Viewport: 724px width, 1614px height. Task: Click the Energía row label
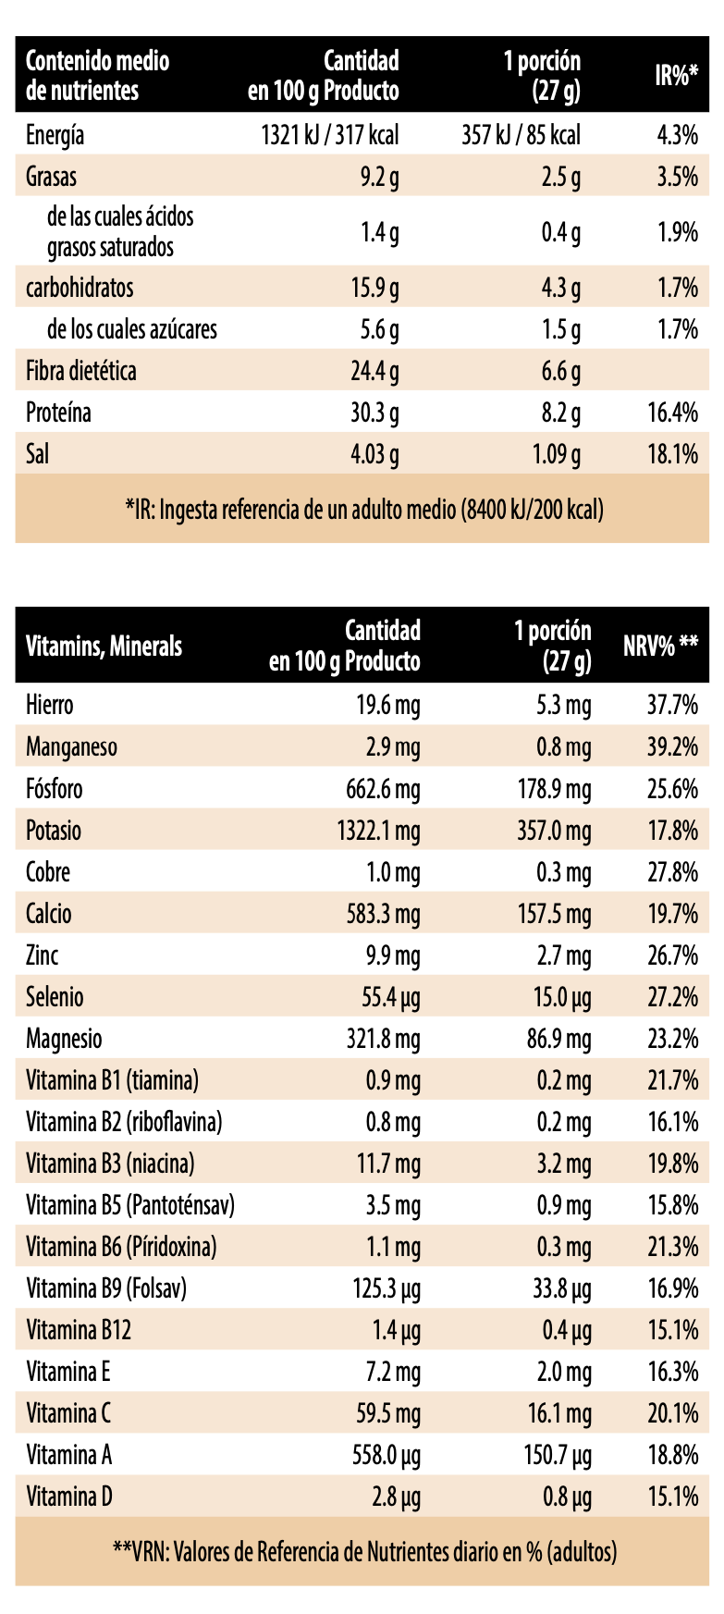click(x=55, y=135)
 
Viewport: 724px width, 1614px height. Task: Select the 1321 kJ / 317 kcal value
click(x=330, y=135)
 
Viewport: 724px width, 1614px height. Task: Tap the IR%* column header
click(x=675, y=76)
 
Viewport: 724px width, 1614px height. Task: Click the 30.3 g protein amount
click(x=374, y=413)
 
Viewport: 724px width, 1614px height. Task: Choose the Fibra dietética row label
click(x=80, y=371)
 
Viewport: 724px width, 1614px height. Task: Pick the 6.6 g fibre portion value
click(x=560, y=371)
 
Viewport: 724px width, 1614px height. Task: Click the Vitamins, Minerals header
click(x=104, y=646)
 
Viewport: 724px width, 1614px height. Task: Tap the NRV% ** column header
click(x=660, y=646)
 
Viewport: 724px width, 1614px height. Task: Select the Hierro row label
click(x=49, y=705)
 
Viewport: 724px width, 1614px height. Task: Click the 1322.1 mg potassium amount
click(x=378, y=831)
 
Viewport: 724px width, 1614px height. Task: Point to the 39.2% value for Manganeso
click(x=672, y=746)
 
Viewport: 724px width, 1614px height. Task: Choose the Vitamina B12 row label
click(x=79, y=1330)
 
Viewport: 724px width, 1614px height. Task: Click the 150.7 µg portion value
click(x=557, y=1455)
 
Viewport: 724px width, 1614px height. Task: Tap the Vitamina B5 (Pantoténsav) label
click(x=129, y=1205)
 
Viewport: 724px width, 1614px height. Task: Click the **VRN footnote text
click(x=364, y=1550)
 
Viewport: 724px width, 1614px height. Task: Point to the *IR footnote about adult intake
click(x=364, y=509)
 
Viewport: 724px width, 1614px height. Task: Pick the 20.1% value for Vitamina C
click(x=672, y=1413)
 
